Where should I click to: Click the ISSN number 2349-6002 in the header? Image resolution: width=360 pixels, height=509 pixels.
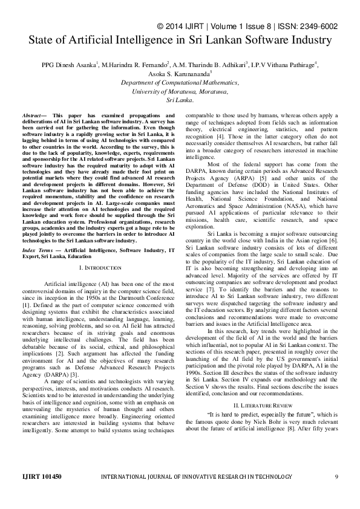(x=332, y=27)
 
